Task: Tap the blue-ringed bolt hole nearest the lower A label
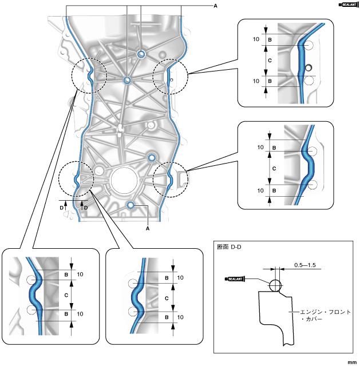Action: tap(131, 205)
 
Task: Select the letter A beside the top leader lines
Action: tap(215, 5)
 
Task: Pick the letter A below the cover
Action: tap(148, 228)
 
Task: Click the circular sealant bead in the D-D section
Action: tap(274, 284)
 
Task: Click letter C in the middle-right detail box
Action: tap(274, 169)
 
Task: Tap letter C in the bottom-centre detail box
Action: tap(167, 299)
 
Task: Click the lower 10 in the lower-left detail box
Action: tap(80, 314)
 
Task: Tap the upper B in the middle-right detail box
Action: tap(274, 148)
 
